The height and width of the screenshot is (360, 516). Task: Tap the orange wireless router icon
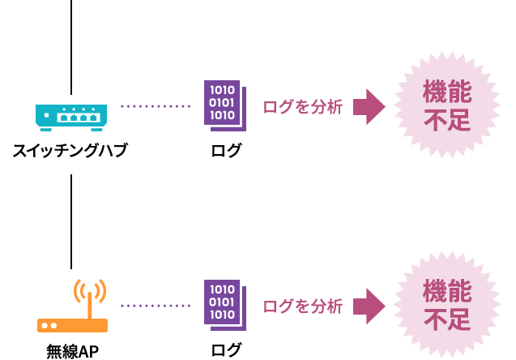coord(72,324)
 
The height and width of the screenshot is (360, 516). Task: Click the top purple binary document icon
coord(224,105)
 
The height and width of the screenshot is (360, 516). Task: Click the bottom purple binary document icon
coord(224,304)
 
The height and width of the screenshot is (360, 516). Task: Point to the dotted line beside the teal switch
coord(156,106)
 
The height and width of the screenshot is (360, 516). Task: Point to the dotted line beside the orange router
coord(156,306)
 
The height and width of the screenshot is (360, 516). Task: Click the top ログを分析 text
coord(302,107)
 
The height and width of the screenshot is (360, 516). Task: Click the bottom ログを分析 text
coord(302,306)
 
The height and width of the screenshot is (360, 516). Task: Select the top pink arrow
coord(369,107)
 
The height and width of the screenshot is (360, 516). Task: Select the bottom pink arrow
coord(369,306)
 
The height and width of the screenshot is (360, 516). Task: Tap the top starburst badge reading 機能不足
coord(447,105)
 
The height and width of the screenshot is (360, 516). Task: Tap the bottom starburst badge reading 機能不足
coord(447,305)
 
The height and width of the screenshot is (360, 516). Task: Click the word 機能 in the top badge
coord(447,91)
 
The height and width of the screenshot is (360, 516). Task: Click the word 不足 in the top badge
coord(447,121)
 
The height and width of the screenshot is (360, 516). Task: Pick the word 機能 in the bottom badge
coord(447,290)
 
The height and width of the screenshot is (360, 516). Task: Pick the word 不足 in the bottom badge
coord(447,320)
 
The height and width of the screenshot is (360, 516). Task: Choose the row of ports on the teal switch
coord(79,118)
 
